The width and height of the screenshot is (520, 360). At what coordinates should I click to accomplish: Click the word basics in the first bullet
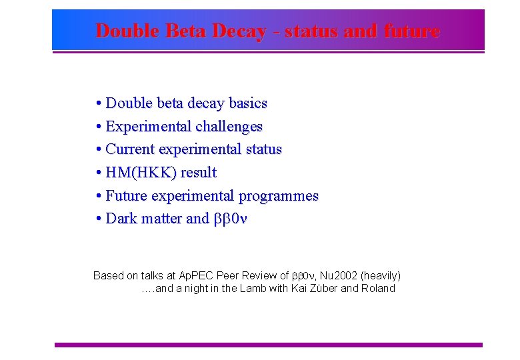(x=247, y=103)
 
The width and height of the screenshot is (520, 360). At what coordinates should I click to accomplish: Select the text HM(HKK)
(x=139, y=173)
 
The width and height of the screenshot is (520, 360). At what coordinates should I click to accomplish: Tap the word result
(x=198, y=173)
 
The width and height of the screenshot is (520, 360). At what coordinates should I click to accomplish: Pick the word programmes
(x=279, y=196)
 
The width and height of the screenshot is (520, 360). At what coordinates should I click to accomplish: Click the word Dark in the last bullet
(x=122, y=219)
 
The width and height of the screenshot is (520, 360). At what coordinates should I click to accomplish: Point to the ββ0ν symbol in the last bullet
(x=229, y=219)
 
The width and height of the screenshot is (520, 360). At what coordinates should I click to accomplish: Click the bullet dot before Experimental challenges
(x=98, y=126)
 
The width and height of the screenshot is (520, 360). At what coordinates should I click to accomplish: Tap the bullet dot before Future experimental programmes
(x=98, y=196)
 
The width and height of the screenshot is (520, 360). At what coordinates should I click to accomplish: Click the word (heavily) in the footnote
(x=380, y=275)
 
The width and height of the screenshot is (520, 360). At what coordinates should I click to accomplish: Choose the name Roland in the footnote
(x=378, y=289)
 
